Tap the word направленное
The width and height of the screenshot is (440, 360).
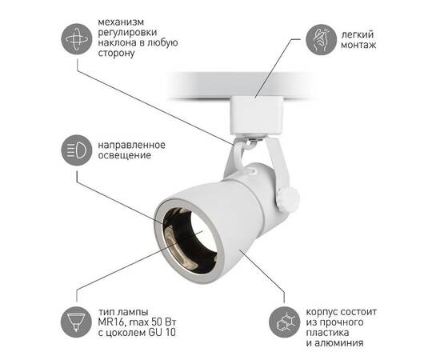click(132, 143)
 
